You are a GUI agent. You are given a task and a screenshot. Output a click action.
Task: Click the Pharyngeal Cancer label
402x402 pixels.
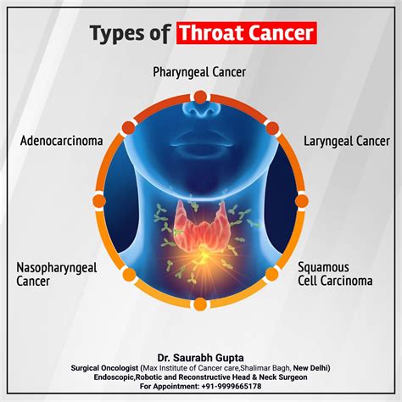coord(199,72)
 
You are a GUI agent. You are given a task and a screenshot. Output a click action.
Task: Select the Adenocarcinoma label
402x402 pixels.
coord(62,141)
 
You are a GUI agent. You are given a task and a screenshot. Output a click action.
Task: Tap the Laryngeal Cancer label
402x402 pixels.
coord(347,141)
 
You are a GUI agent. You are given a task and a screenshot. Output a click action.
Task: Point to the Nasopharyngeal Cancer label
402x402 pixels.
coord(57,274)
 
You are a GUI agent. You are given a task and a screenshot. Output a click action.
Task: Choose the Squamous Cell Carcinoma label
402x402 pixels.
coord(335,274)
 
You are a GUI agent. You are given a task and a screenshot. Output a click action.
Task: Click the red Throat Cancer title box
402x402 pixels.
coord(247,33)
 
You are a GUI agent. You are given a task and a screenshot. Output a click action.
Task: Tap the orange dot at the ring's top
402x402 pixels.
coord(200,98)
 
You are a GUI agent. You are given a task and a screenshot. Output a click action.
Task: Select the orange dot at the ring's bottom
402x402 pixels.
coord(200,304)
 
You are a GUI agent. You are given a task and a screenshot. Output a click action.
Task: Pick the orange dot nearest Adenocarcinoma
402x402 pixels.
coord(129,128)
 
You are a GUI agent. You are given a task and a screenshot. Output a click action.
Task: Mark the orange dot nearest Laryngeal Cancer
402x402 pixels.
coord(272,128)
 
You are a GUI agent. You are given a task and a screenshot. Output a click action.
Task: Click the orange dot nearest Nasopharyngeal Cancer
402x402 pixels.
coord(129,274)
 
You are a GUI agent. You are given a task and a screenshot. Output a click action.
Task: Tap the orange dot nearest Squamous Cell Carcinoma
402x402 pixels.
coord(272,274)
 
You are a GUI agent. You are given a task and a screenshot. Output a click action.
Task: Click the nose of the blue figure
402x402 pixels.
coord(201,109)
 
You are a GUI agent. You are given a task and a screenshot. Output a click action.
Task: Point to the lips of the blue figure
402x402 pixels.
coord(201,140)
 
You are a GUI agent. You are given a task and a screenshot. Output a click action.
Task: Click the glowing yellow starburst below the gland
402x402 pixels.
coord(203,256)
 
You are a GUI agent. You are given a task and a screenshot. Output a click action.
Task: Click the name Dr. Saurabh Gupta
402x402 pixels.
coord(200,358)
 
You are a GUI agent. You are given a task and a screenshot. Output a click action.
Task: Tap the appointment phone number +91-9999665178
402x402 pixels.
coord(232,386)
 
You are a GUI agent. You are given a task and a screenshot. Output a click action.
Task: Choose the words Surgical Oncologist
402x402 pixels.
coord(104,368)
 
